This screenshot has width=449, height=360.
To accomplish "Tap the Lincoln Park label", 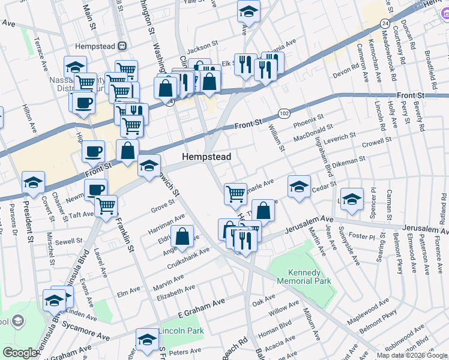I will point(181,331).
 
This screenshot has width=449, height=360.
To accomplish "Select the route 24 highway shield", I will point(384,22).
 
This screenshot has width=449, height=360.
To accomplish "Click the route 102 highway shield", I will point(284,113).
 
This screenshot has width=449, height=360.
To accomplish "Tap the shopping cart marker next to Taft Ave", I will point(106,205).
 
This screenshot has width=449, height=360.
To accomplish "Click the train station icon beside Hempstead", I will point(122,46).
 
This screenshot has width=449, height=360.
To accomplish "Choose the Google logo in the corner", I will point(20,353).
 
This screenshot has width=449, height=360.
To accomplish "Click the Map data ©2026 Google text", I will point(411,355).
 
